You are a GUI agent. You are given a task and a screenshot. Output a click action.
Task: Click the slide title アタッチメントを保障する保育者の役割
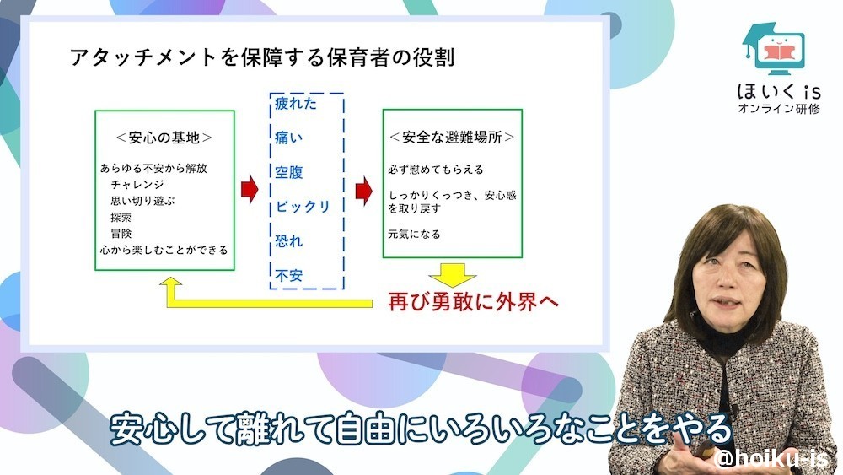click(262, 58)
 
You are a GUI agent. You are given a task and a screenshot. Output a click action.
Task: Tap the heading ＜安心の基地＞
click(164, 137)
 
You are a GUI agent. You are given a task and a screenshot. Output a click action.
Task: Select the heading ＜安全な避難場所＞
click(452, 137)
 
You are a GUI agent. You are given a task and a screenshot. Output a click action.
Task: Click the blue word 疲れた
click(296, 104)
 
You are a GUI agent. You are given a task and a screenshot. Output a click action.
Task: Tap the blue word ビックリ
click(302, 207)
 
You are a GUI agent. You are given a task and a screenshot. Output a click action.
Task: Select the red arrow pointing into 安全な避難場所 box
click(363, 190)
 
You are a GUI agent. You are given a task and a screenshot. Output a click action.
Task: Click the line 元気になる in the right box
click(414, 234)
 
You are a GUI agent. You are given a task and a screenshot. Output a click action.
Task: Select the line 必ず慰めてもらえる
click(436, 170)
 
